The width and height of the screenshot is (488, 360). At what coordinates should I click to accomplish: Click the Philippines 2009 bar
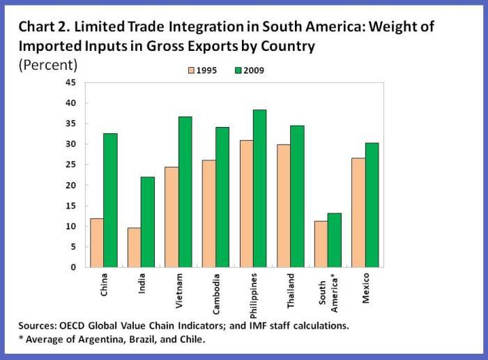click(x=259, y=188)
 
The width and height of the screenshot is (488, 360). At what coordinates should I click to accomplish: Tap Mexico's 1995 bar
click(x=358, y=212)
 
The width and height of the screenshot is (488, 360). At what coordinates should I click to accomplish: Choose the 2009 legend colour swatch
click(x=238, y=70)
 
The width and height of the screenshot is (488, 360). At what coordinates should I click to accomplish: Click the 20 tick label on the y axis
click(x=70, y=185)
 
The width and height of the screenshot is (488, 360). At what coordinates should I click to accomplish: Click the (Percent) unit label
click(x=48, y=65)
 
